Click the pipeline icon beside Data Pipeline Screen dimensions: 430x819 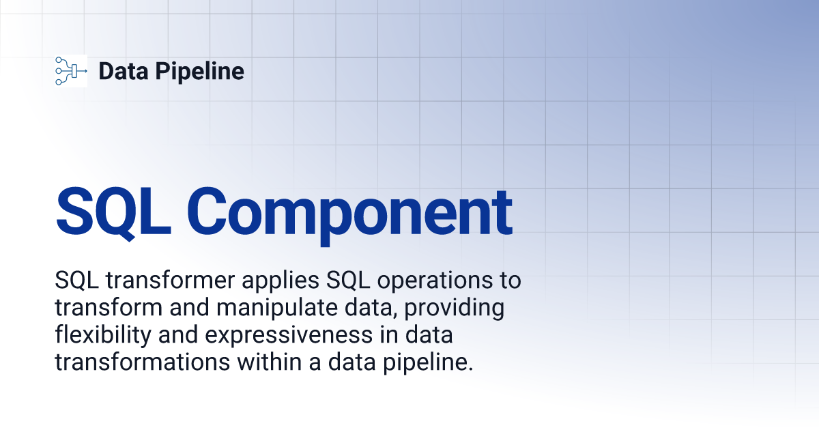point(70,70)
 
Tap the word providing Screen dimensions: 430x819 point(453,309)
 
